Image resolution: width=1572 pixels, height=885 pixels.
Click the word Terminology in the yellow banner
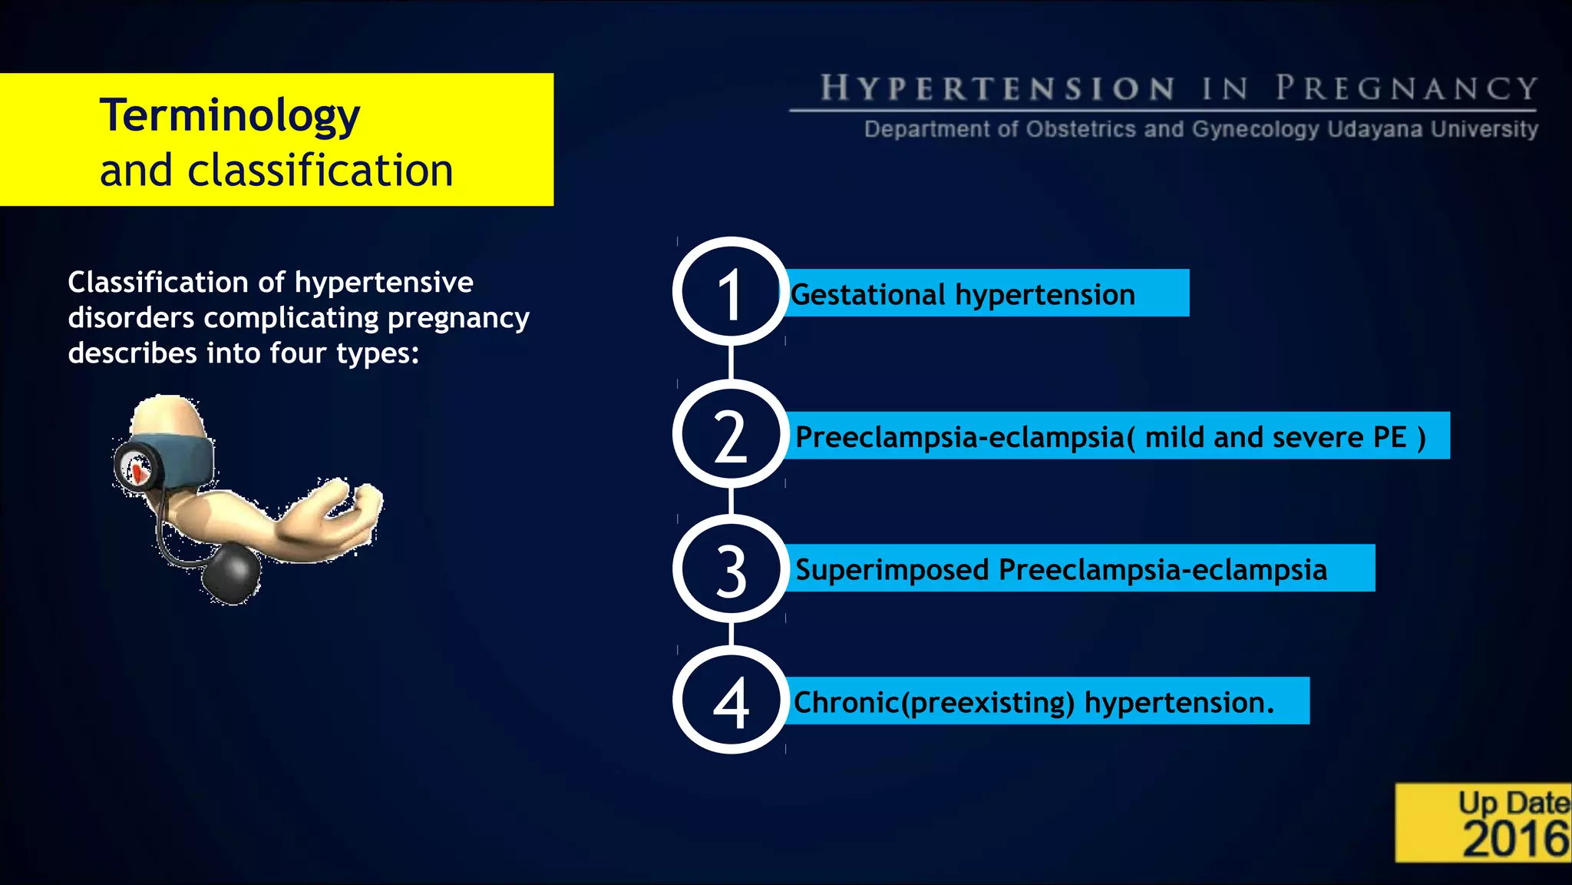(x=230, y=116)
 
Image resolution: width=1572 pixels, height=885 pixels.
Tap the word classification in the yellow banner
(x=320, y=171)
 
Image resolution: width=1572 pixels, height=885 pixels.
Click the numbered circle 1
(x=731, y=292)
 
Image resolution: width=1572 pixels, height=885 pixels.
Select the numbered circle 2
(x=731, y=434)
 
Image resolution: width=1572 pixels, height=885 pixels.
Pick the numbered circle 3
(x=731, y=569)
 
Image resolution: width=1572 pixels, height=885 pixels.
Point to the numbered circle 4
(x=731, y=701)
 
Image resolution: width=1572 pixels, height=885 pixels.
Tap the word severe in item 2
(x=1318, y=437)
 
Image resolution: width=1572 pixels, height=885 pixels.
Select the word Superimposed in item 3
(x=892, y=571)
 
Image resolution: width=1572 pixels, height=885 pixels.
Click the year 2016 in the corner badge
(x=1515, y=839)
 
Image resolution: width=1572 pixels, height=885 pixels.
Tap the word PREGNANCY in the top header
(x=1406, y=89)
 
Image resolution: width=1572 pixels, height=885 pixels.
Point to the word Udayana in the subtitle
(x=1375, y=129)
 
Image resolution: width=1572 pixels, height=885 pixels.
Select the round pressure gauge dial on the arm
(x=137, y=469)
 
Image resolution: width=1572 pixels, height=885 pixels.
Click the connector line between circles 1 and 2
(x=731, y=363)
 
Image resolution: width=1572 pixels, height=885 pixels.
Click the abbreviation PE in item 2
(x=1389, y=437)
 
